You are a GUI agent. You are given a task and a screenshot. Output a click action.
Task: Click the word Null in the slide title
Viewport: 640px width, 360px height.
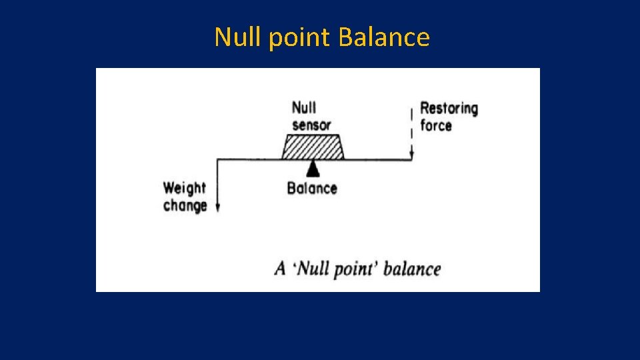(239, 37)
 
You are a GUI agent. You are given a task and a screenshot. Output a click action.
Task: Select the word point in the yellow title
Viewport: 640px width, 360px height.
(300, 38)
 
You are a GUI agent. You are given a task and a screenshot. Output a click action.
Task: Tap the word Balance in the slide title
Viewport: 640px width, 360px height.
(383, 37)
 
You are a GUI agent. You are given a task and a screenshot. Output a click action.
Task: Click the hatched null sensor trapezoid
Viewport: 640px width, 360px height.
(312, 147)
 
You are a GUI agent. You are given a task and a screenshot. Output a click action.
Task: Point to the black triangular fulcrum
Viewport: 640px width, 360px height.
(312, 169)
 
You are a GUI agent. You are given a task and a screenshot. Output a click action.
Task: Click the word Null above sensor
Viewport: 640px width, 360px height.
(304, 107)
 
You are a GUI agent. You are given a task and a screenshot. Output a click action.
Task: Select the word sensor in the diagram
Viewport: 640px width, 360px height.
(311, 125)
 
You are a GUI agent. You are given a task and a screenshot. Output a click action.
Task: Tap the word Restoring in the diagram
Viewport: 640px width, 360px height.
(449, 108)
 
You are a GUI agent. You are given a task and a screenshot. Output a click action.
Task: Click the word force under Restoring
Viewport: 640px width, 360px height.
(436, 125)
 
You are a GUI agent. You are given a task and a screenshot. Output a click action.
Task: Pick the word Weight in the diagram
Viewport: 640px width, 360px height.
(185, 188)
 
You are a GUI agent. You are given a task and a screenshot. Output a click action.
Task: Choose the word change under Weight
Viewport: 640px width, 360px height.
(185, 205)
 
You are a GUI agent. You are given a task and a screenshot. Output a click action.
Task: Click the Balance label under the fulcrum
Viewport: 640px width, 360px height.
(312, 188)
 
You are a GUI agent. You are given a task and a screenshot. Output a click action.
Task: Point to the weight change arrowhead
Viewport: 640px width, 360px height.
(218, 208)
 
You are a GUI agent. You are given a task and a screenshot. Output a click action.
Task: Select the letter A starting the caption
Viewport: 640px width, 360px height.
(281, 269)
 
